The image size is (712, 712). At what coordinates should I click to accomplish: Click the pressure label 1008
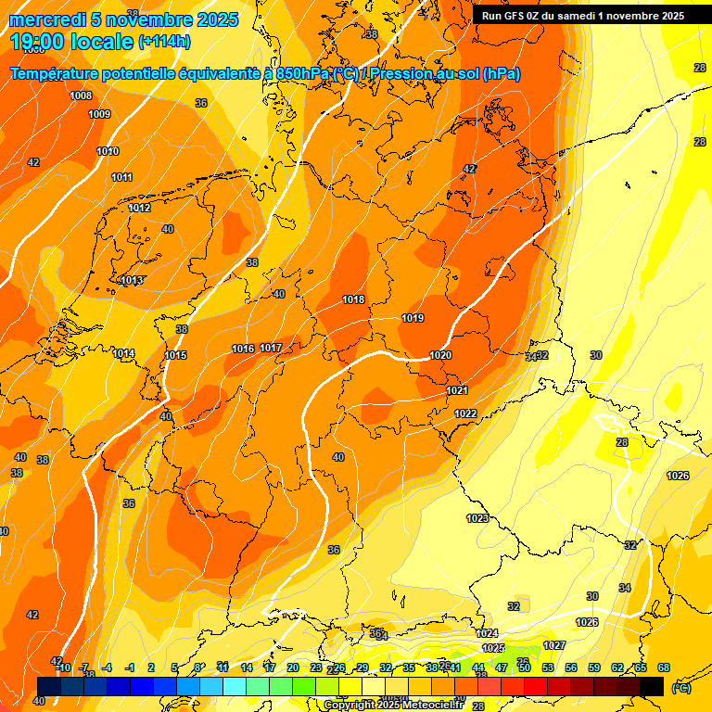click(81, 95)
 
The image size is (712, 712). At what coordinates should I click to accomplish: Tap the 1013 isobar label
click(132, 280)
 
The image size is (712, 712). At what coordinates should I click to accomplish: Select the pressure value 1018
click(353, 299)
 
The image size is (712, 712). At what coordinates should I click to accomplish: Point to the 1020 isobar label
click(440, 356)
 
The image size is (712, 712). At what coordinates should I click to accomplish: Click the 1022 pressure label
click(465, 413)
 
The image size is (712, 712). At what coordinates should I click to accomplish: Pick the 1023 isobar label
click(477, 518)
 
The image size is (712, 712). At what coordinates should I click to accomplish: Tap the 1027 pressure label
click(554, 645)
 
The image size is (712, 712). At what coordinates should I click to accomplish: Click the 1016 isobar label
click(243, 349)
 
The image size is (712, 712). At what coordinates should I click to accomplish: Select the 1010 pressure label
click(108, 151)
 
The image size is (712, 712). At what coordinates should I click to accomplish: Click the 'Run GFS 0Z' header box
click(583, 16)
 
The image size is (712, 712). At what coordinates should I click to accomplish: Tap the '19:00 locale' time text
click(72, 42)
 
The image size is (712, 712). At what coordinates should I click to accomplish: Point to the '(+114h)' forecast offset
click(164, 42)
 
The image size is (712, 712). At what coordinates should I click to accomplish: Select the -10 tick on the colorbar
click(63, 667)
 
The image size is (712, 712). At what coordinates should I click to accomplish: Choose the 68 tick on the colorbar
click(664, 667)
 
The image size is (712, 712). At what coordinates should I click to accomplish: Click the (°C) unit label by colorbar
click(680, 688)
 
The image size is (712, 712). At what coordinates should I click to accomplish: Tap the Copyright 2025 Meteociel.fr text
click(392, 705)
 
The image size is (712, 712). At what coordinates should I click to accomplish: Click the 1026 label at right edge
click(678, 476)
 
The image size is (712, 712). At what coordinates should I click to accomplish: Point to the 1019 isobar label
click(413, 319)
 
